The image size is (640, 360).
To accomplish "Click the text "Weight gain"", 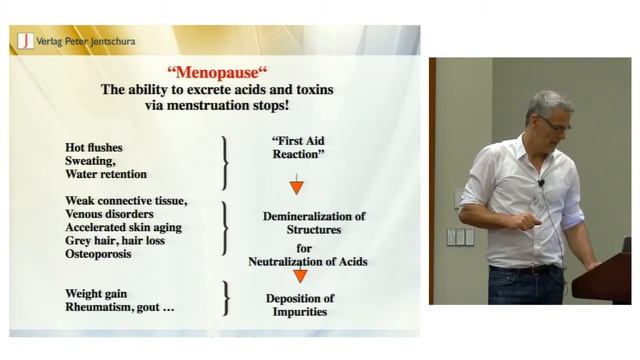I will [98, 290].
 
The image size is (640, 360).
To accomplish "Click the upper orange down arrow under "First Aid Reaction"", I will [296, 186].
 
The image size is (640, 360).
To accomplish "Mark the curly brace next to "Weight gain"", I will [225, 297].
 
